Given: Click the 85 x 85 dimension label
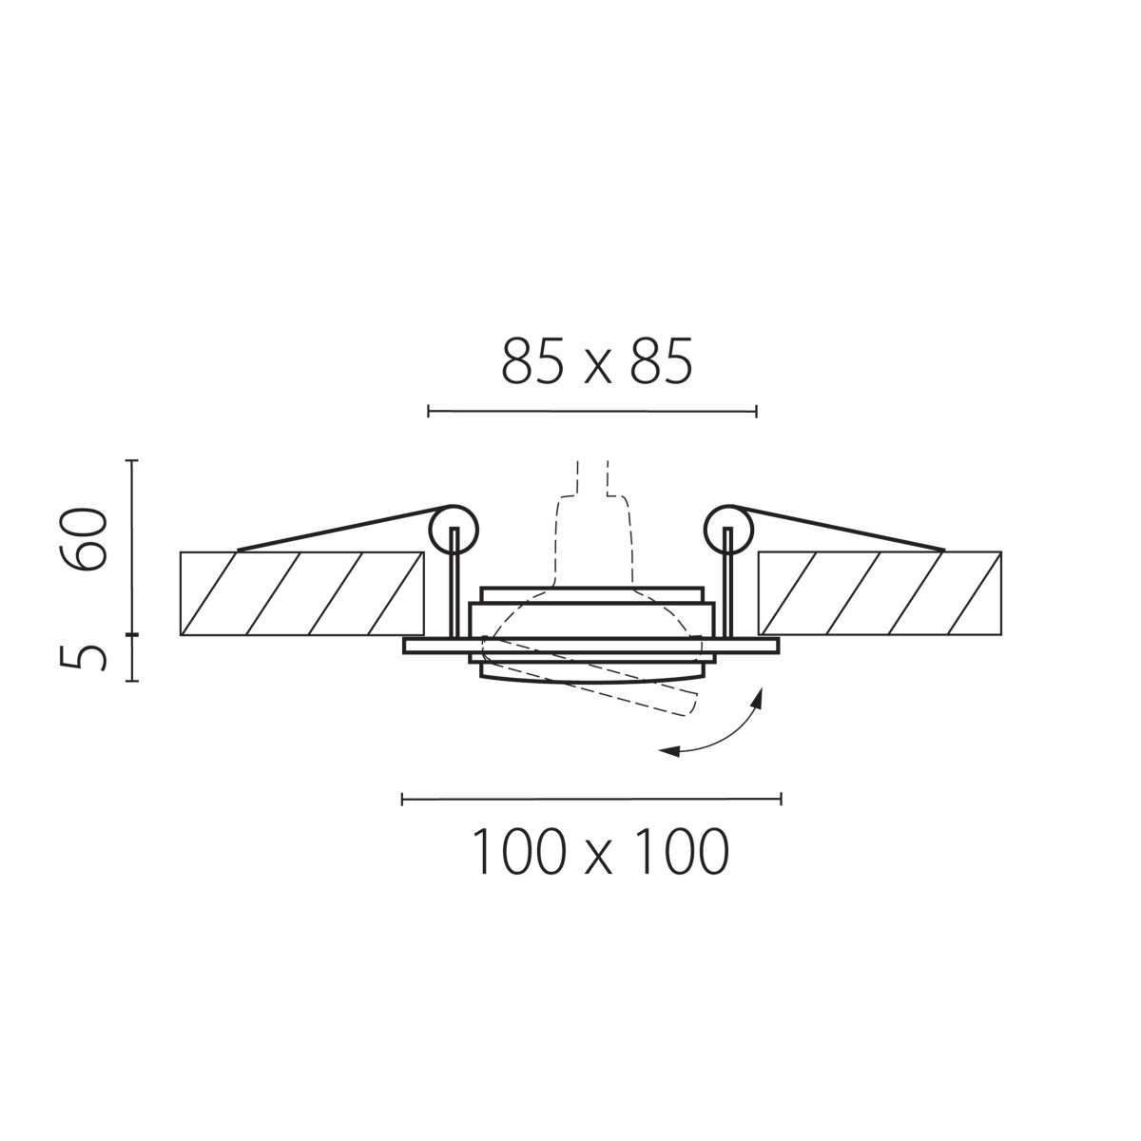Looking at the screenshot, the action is (x=597, y=361).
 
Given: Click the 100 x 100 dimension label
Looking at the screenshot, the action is (x=600, y=851).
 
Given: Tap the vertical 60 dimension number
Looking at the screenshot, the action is (x=84, y=539).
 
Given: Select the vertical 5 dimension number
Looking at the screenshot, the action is (x=84, y=657).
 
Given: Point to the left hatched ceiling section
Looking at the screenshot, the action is (x=302, y=593).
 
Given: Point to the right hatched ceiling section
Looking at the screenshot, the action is (x=880, y=593).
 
